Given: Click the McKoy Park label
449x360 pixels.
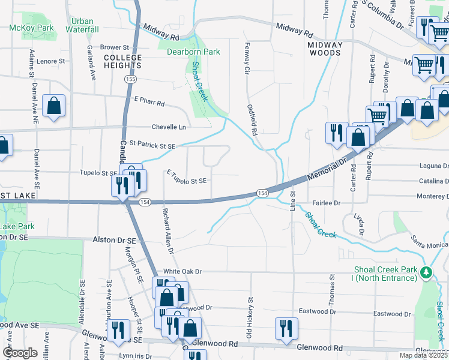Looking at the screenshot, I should [32, 28].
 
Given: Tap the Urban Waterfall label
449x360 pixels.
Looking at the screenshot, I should [82, 25].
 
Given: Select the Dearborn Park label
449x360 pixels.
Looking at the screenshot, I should [193, 52].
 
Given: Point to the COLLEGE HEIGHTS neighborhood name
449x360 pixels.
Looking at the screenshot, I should [122, 62].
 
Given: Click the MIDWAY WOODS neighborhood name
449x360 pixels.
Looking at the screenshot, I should [325, 49].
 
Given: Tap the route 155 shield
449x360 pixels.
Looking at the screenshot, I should [130, 79].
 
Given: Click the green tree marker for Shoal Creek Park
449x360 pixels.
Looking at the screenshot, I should [426, 273].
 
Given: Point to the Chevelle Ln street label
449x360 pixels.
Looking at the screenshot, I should [169, 127].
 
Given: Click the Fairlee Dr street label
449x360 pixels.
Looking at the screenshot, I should [325, 203].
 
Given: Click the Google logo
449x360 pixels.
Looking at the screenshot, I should [20, 353].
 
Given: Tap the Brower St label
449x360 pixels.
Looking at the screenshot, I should [115, 47].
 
